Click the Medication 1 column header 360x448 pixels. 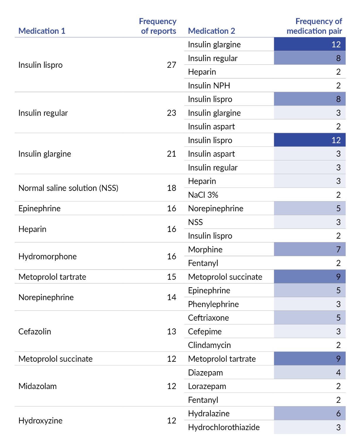[42, 31]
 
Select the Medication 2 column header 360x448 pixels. [211, 31]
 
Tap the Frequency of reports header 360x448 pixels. [157, 26]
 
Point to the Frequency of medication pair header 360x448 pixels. [314, 26]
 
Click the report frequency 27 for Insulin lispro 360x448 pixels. [171, 65]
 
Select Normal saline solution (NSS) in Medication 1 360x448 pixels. [68, 188]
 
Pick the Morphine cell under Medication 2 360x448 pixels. [205, 249]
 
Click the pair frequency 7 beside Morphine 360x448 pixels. [338, 249]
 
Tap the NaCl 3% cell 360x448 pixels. [203, 195]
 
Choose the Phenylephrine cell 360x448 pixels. [213, 304]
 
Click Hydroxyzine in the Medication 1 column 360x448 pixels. [40, 420]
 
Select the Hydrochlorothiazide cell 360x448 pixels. [224, 427]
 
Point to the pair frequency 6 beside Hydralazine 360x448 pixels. [338, 413]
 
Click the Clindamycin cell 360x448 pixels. [209, 345]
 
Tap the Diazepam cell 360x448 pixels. [206, 373]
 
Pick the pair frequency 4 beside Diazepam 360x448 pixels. [338, 372]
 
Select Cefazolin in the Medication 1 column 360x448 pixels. [35, 332]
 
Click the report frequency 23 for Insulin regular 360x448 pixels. [171, 113]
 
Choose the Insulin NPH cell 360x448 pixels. [209, 86]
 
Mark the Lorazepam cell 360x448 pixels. [207, 386]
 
